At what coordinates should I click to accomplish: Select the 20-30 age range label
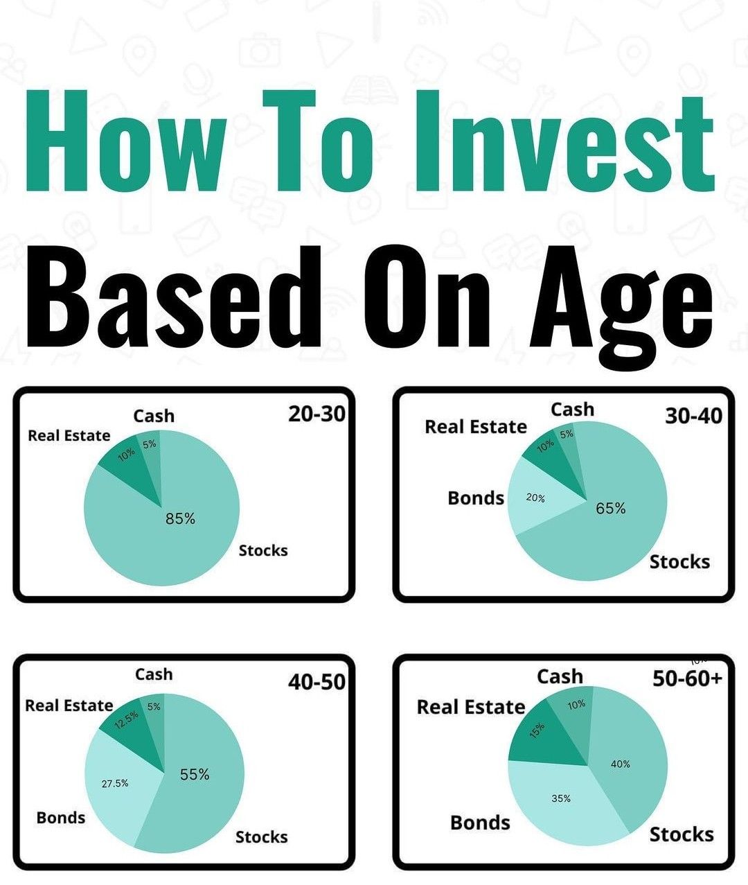(317, 414)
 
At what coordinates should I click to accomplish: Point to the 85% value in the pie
(180, 518)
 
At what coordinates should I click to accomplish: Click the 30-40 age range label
(694, 415)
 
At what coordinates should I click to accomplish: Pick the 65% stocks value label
(611, 508)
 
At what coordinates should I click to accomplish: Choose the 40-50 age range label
(317, 681)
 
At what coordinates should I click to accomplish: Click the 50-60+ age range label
(687, 677)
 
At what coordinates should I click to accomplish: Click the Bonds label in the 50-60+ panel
(480, 823)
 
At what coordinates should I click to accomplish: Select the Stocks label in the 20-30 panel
(263, 550)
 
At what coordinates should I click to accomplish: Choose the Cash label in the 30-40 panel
(573, 410)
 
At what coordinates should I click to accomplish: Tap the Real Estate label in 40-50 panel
(69, 706)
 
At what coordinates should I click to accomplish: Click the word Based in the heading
(174, 297)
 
